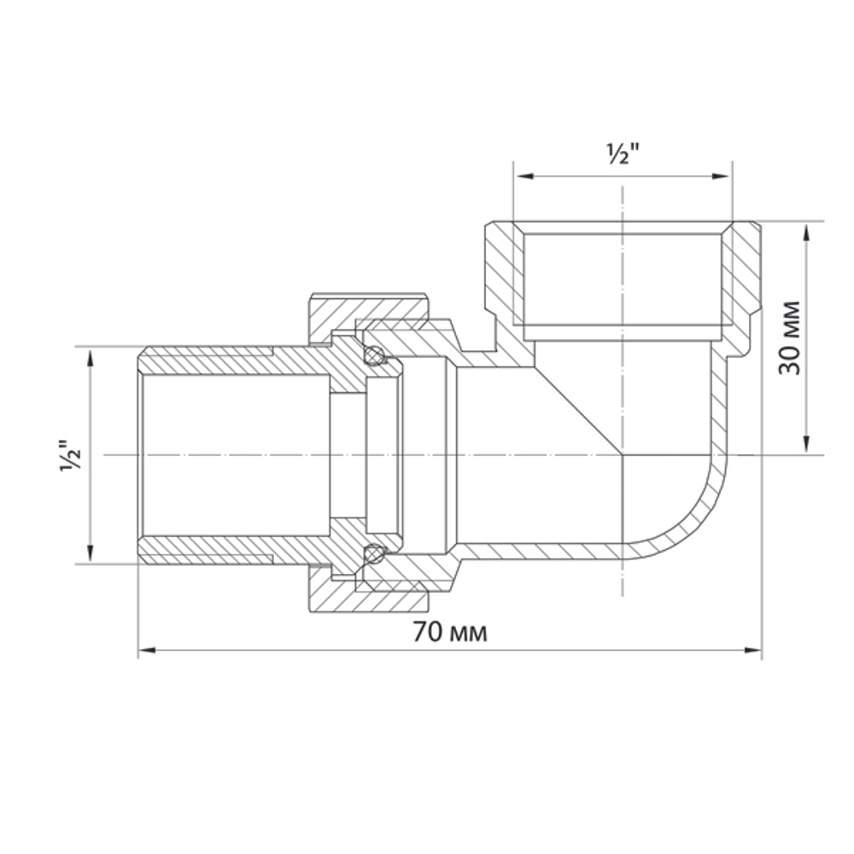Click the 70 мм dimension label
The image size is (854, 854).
point(450,633)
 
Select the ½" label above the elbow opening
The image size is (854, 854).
point(623,155)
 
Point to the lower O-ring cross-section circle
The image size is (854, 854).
point(373,554)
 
